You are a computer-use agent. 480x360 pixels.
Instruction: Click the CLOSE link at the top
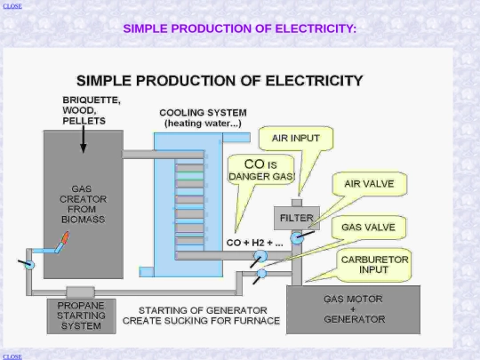tap(12, 6)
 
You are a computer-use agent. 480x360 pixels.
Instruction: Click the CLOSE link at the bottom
tap(12, 357)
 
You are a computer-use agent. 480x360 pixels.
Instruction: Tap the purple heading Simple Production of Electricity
tap(240, 28)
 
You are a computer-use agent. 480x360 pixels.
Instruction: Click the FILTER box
tap(297, 218)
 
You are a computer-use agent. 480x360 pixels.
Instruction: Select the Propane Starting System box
tap(82, 316)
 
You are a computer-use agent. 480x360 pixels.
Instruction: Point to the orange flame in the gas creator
tap(65, 238)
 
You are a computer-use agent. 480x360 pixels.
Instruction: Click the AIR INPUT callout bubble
tap(296, 139)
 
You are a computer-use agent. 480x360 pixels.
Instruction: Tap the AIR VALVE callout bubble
tap(370, 184)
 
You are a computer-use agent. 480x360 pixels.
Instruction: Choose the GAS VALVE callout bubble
tap(369, 228)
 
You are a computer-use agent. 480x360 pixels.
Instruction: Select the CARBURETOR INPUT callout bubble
tap(374, 265)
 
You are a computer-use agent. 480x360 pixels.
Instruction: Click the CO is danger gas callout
tap(261, 170)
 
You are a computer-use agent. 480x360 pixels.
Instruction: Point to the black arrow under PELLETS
tap(83, 139)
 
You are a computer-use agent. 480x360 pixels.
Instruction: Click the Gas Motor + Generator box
tap(353, 309)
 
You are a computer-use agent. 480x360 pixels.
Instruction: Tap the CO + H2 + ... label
tap(255, 243)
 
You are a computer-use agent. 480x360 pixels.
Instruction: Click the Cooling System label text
tap(203, 118)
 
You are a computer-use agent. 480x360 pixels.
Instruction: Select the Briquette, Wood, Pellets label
tap(92, 110)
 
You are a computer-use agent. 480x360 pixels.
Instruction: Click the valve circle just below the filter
tap(296, 238)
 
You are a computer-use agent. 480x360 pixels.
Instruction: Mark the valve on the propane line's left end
tap(29, 265)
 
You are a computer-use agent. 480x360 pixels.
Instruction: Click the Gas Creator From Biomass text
tap(83, 204)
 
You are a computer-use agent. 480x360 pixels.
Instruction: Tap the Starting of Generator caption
tap(201, 316)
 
